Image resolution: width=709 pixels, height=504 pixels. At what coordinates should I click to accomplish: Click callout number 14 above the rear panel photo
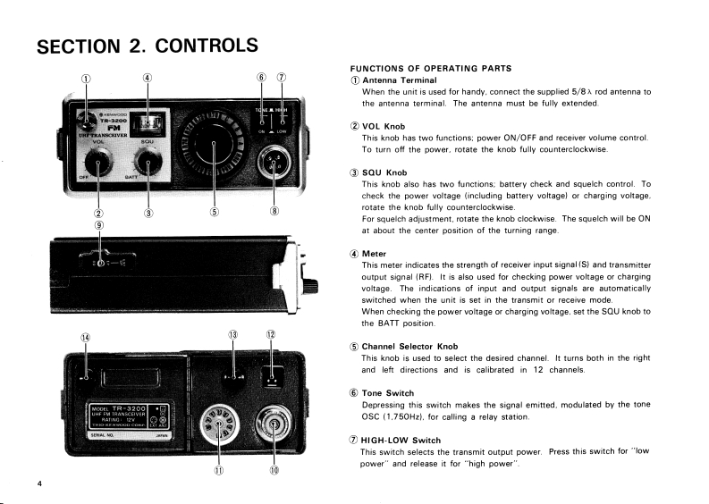click(86, 337)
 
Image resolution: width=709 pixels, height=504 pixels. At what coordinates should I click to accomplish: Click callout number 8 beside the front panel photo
click(274, 212)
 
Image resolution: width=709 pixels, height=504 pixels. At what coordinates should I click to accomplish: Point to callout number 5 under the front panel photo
click(214, 212)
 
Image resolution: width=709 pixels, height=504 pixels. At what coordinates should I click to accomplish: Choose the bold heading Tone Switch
click(387, 393)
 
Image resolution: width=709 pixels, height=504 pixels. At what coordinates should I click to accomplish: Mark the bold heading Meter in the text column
click(374, 254)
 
